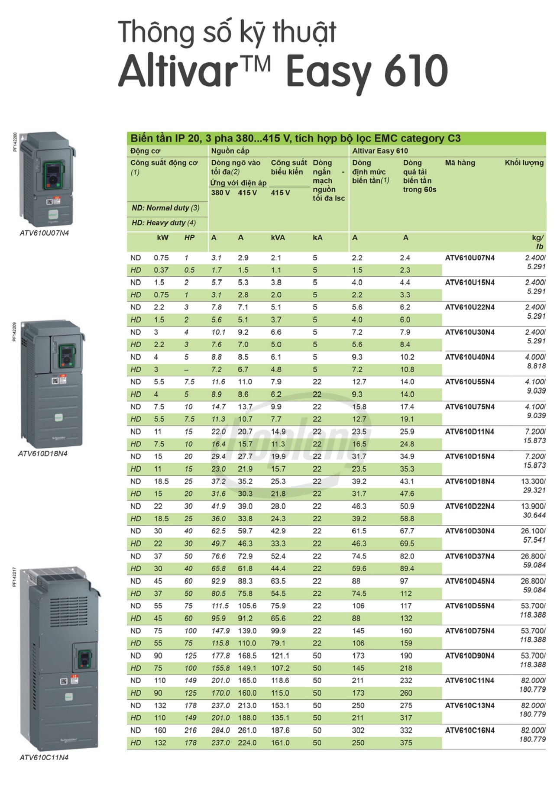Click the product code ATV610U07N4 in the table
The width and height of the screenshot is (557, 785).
click(x=470, y=258)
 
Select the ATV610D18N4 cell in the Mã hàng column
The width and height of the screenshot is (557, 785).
click(x=470, y=481)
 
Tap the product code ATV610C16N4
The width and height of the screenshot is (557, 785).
click(x=470, y=730)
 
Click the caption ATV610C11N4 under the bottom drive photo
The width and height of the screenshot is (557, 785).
click(x=44, y=757)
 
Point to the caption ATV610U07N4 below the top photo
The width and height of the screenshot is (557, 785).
click(x=44, y=233)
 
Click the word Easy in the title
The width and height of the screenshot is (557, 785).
click(x=328, y=71)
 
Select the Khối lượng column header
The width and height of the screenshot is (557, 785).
click(x=524, y=163)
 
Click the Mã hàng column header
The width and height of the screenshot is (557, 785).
click(x=460, y=163)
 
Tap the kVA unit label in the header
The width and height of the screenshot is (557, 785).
click(x=278, y=238)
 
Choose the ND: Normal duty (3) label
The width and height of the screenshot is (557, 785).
click(x=165, y=208)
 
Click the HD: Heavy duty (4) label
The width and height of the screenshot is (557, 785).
click(x=164, y=223)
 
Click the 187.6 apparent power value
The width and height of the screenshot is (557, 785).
click(x=280, y=730)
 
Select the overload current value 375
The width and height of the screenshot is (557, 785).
click(x=406, y=743)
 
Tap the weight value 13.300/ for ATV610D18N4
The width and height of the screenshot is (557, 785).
click(x=533, y=481)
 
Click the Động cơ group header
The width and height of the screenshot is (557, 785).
click(x=145, y=151)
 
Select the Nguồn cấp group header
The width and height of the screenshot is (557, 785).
click(x=230, y=151)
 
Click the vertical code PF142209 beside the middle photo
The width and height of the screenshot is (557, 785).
click(x=14, y=332)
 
